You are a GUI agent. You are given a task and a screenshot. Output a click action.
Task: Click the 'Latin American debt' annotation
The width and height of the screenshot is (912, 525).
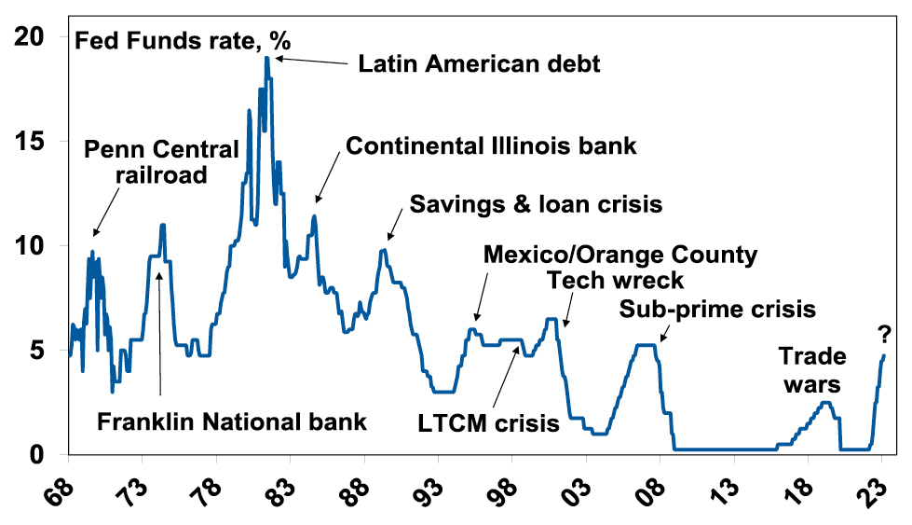click(x=480, y=64)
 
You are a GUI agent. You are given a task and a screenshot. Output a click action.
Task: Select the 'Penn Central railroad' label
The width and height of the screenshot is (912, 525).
click(x=161, y=161)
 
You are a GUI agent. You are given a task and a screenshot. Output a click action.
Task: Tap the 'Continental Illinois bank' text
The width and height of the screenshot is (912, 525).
click(x=491, y=145)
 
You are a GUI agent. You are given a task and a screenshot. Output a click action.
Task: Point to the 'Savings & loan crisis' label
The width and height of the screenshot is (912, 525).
click(x=536, y=204)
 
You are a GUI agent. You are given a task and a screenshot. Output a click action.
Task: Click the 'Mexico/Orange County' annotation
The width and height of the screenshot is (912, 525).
click(x=620, y=254)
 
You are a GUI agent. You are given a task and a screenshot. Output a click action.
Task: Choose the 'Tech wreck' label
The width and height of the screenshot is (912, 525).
click(x=615, y=280)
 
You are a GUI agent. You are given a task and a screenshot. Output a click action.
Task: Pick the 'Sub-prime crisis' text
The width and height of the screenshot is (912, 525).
click(x=717, y=309)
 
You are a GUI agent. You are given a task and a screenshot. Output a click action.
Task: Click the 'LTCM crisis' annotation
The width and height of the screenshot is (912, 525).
click(x=489, y=422)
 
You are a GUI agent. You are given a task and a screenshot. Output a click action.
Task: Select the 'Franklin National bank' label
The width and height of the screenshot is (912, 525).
click(x=232, y=421)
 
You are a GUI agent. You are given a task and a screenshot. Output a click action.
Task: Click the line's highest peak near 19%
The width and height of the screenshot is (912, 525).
click(x=266, y=59)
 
